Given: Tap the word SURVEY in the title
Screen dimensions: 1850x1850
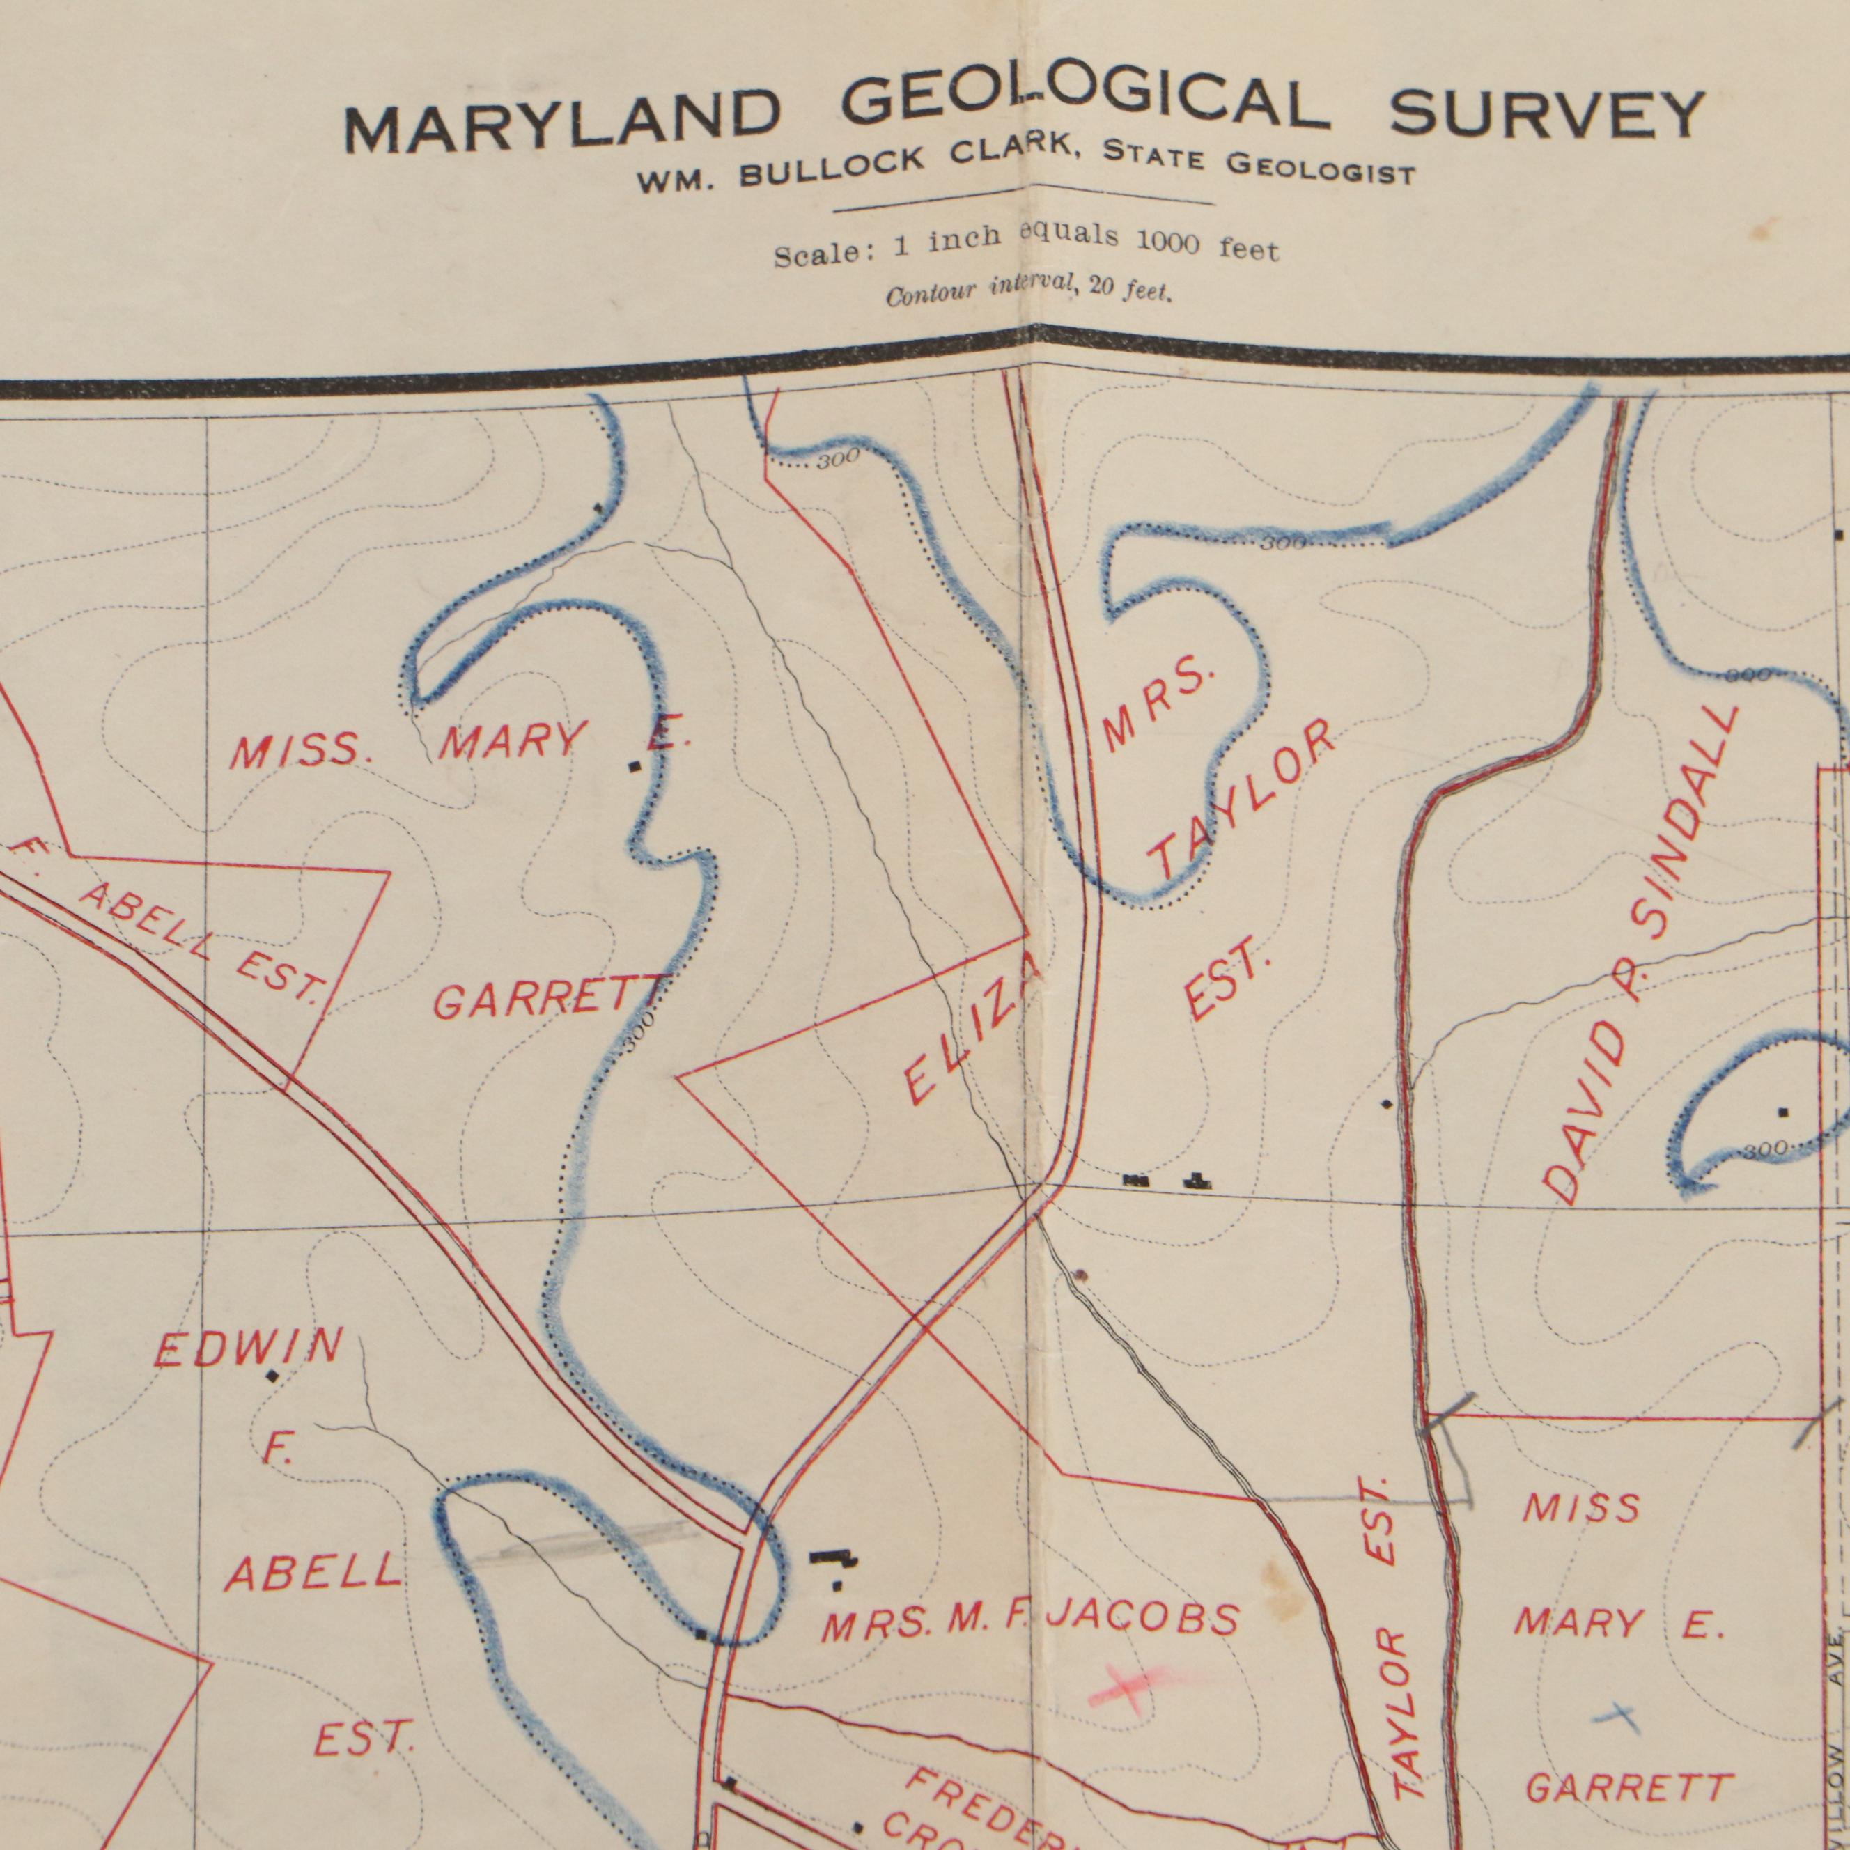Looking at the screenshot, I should tap(1546, 114).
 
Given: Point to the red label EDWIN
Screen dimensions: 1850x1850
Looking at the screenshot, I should tap(248, 1347).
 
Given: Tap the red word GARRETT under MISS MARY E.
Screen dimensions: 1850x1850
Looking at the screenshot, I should tap(549, 1000).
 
